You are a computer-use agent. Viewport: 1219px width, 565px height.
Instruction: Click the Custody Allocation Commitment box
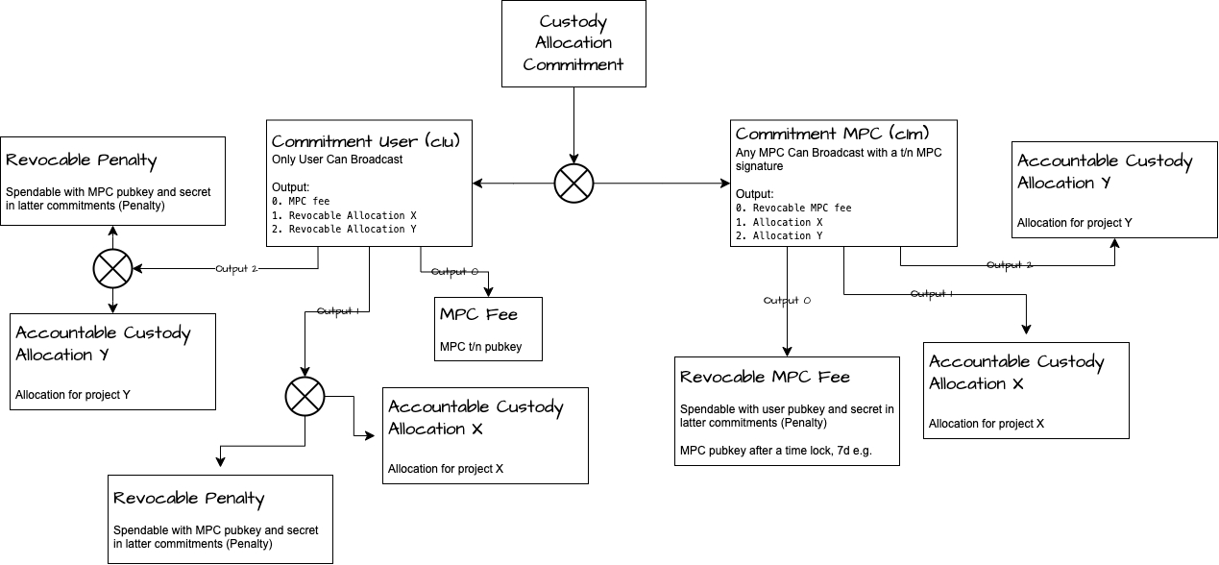(573, 43)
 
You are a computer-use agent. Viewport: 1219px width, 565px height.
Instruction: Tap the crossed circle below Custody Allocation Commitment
(573, 183)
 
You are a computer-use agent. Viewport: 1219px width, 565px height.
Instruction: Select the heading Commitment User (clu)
(366, 141)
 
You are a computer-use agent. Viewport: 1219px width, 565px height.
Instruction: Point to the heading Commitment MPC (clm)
(832, 134)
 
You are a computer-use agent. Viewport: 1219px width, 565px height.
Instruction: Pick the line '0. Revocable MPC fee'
(793, 209)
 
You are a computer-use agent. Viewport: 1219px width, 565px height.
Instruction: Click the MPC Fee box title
(478, 315)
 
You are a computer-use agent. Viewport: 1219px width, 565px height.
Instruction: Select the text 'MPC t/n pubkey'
(480, 346)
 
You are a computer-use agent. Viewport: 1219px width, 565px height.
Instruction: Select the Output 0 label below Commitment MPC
(788, 301)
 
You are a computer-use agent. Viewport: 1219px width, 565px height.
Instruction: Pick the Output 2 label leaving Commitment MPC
(1010, 264)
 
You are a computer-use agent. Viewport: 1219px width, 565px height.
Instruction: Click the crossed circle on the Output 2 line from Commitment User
(113, 269)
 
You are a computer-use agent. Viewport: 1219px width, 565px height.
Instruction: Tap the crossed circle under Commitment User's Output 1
(305, 394)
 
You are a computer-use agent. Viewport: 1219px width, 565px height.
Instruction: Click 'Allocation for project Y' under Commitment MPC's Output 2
(1074, 224)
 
